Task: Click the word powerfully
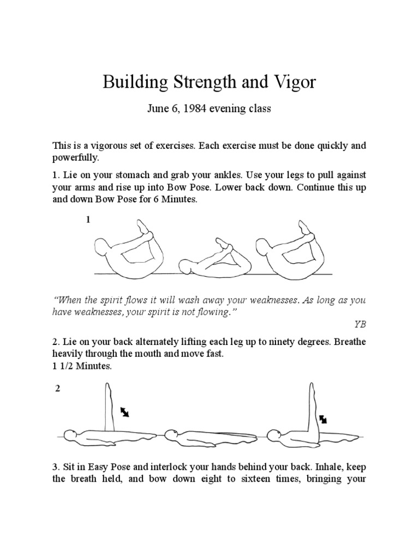click(x=76, y=157)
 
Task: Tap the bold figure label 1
click(x=87, y=220)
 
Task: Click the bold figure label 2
click(x=58, y=389)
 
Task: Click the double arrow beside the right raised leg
click(x=323, y=418)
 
